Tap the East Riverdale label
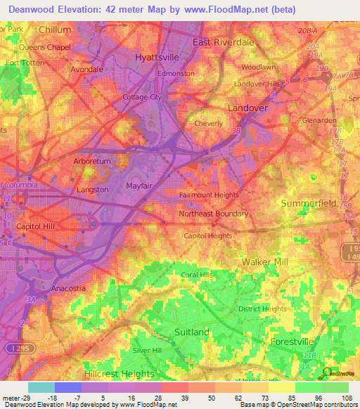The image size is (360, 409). [x=223, y=42]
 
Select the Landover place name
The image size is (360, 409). [x=247, y=108]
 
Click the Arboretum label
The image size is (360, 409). [x=92, y=161]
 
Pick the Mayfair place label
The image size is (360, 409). [x=120, y=186]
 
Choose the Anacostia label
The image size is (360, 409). [x=69, y=288]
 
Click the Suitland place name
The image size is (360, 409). [x=192, y=331]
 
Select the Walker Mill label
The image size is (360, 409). [x=265, y=261]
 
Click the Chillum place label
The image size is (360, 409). [x=55, y=30]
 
